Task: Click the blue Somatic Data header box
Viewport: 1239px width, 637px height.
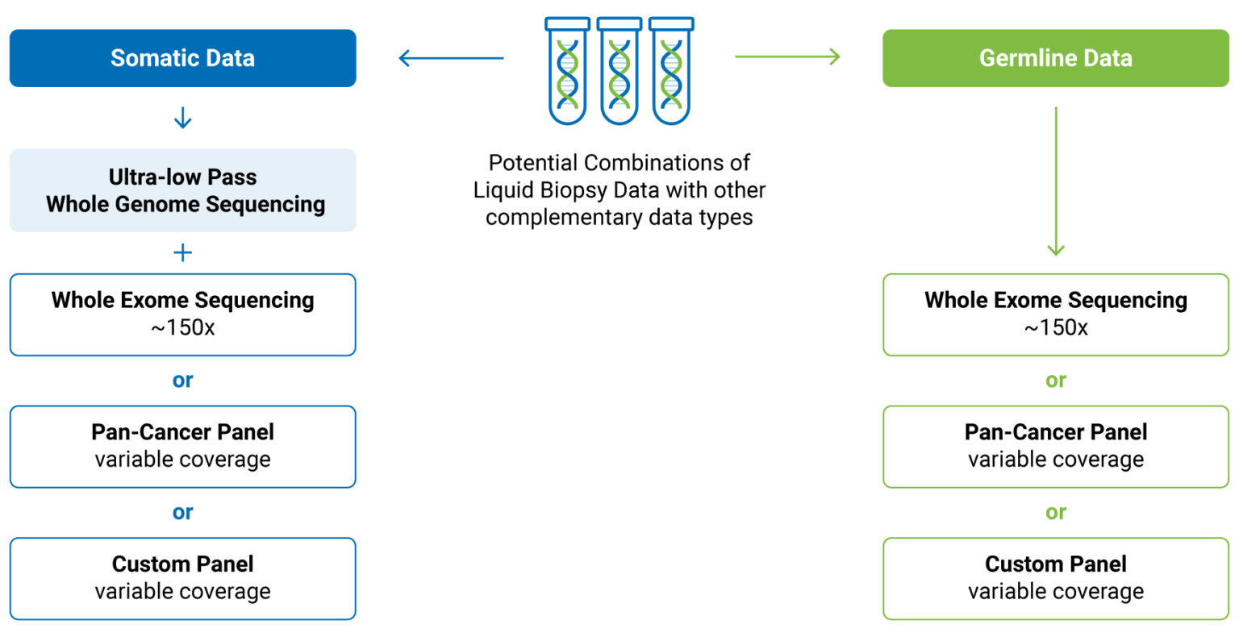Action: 182,58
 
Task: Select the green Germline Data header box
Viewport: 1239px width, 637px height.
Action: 1055,58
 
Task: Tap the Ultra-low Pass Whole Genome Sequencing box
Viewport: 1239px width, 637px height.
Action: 182,190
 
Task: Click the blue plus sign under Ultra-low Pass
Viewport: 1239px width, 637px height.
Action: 183,252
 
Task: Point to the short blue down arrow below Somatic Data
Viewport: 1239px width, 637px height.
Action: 183,118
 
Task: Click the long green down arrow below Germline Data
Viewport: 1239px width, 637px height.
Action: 1056,181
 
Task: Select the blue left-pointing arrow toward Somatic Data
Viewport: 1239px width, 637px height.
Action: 451,58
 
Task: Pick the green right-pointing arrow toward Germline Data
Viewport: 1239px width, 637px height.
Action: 787,56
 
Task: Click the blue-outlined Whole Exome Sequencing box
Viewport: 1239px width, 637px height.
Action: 182,314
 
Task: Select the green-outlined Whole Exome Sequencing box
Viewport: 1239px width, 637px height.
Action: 1055,314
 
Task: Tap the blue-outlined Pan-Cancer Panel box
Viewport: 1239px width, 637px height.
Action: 182,447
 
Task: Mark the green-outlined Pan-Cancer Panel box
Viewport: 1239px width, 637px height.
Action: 1055,447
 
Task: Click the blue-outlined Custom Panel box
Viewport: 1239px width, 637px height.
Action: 182,578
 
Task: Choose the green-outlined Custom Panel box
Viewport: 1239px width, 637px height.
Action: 1055,578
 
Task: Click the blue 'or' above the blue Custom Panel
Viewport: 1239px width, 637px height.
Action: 183,513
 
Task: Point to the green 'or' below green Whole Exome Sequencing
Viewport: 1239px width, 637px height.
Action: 1056,381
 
